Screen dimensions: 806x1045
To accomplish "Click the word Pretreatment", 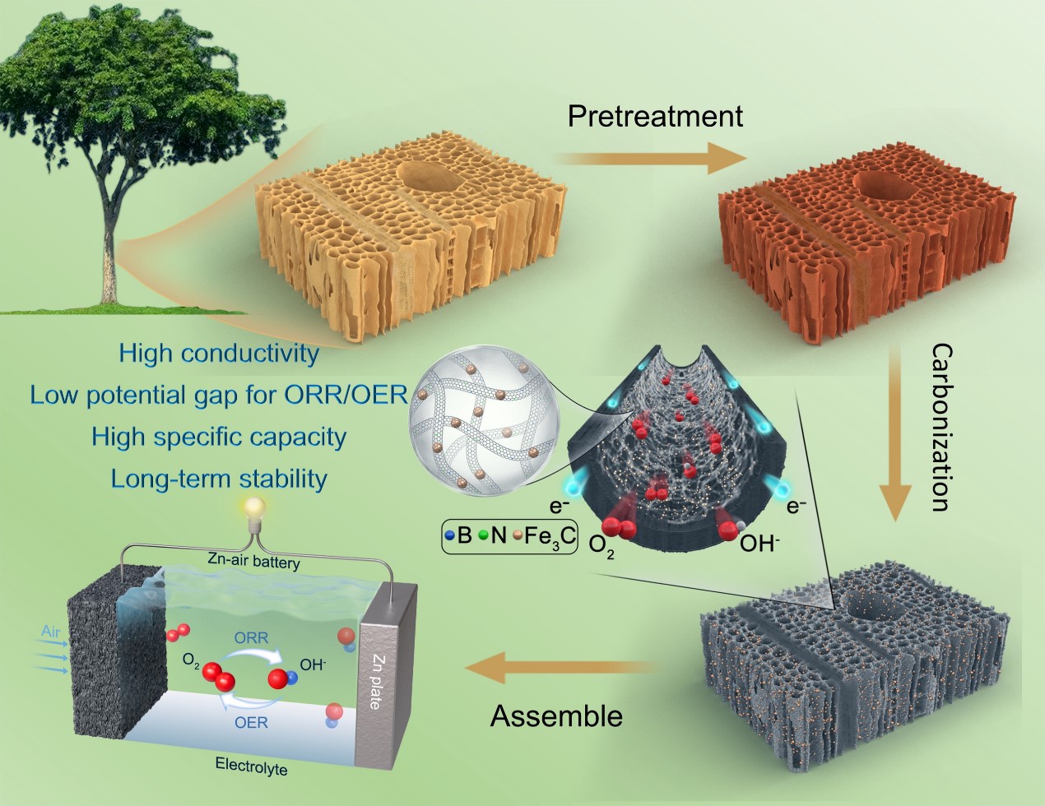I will click(x=655, y=116).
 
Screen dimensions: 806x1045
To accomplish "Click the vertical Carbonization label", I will click(x=940, y=428).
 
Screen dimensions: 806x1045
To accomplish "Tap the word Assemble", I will click(x=556, y=716).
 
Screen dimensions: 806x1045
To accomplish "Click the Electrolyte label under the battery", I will click(x=251, y=766).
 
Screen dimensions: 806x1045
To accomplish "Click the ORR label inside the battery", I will click(x=251, y=637).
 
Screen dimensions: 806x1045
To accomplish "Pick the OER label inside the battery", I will click(x=251, y=722).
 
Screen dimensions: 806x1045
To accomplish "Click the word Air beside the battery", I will click(x=51, y=632).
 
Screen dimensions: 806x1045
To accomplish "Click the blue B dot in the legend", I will click(x=449, y=536).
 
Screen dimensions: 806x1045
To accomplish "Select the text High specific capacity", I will click(x=218, y=437).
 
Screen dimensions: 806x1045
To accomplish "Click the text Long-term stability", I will click(x=219, y=479).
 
